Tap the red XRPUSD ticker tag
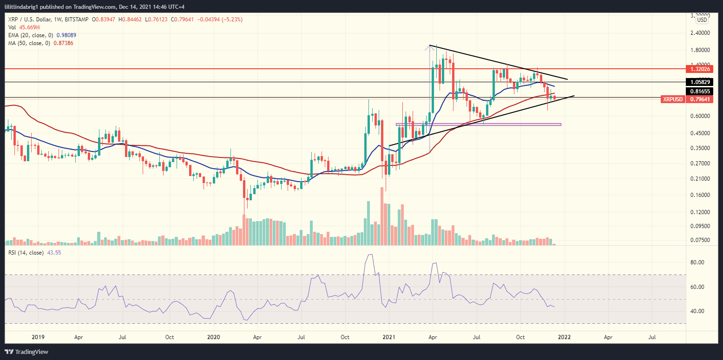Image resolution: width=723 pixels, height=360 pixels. [672, 99]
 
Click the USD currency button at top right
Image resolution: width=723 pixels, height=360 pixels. [702, 20]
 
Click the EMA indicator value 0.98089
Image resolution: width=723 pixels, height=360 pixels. [63, 35]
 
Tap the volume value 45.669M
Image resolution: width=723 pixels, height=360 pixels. [28, 27]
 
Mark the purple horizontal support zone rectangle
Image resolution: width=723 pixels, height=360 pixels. [478, 124]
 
